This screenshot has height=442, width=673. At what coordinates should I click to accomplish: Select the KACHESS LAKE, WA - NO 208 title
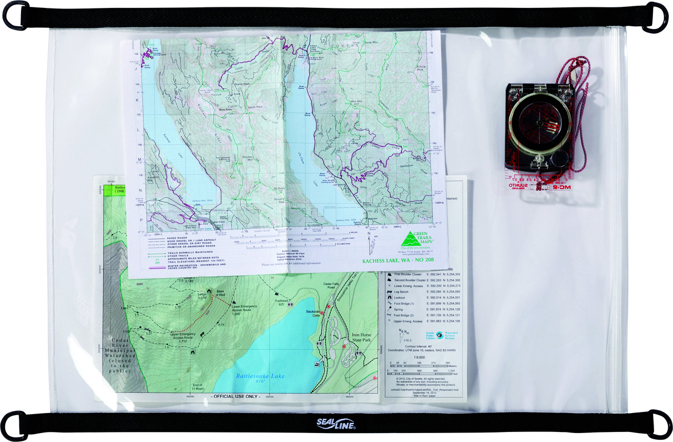(399, 260)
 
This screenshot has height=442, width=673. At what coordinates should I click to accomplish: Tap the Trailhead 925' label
(279, 302)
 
